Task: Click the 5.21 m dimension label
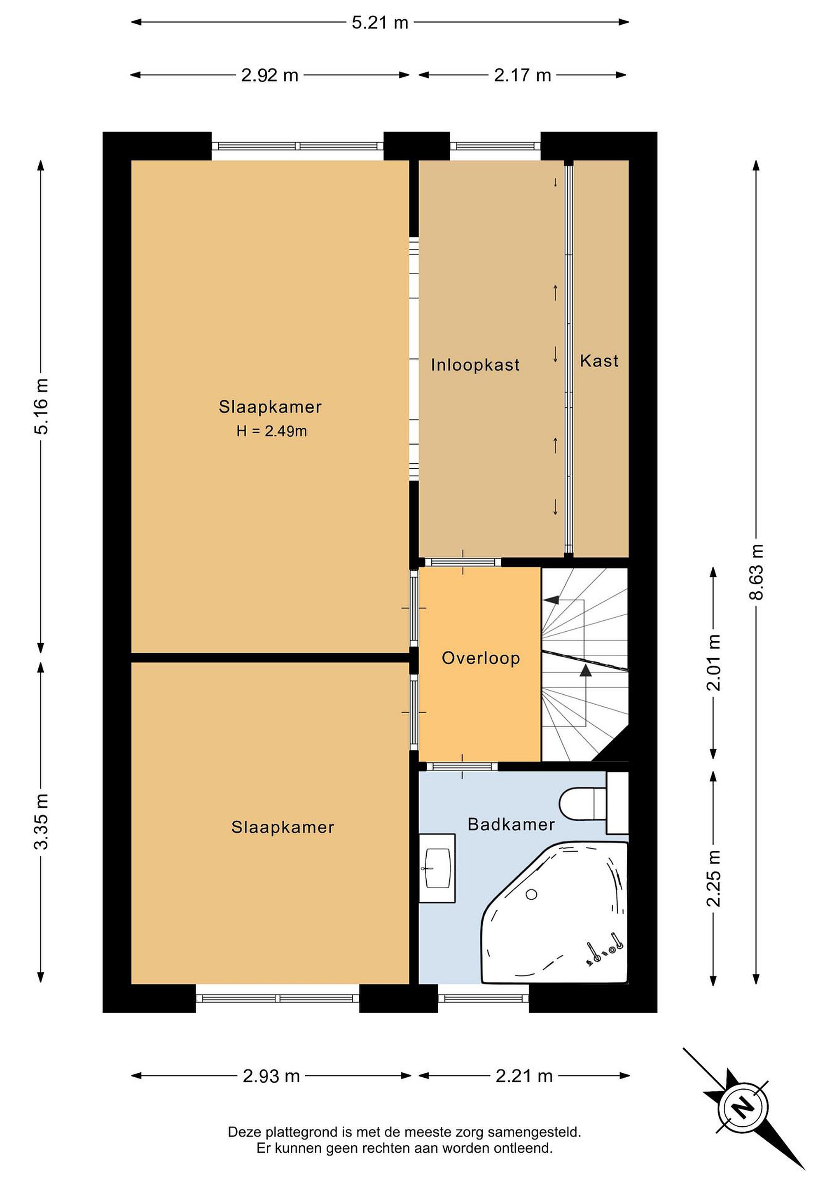click(380, 23)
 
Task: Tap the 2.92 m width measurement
click(270, 75)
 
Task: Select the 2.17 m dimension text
click(522, 75)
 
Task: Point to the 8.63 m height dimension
click(756, 572)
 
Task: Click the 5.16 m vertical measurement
click(41, 406)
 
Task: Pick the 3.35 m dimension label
click(41, 822)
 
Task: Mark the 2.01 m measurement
click(713, 663)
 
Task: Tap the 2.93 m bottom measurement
click(271, 1076)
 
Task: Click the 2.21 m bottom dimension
click(524, 1076)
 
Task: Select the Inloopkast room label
click(475, 365)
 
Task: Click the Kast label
click(599, 361)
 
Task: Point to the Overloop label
click(481, 658)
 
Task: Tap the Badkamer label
click(511, 824)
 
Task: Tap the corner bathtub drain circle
click(532, 895)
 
